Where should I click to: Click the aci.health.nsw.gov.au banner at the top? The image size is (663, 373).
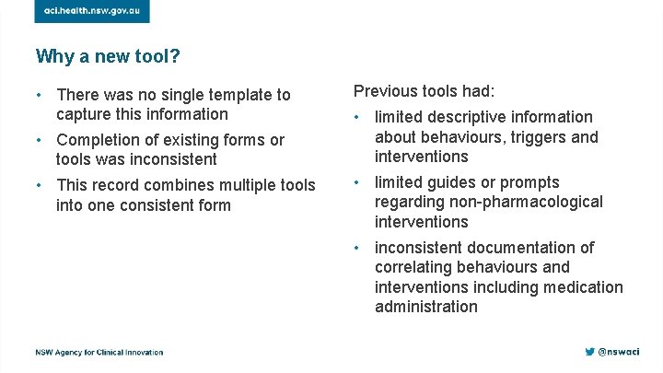click(92, 10)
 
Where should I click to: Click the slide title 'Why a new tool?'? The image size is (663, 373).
click(108, 57)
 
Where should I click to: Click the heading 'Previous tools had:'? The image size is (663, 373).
click(425, 91)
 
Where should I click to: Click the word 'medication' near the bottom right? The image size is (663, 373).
click(582, 287)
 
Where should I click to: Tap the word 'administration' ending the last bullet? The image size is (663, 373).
click(426, 307)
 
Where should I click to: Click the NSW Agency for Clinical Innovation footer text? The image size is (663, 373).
click(99, 353)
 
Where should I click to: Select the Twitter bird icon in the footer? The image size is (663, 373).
click(589, 352)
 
